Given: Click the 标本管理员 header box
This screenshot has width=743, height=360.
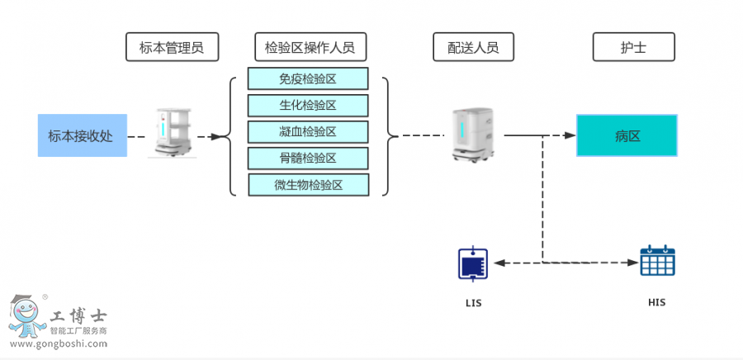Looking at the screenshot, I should [x=172, y=47].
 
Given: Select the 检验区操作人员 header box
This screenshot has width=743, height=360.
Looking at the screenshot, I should [x=310, y=47].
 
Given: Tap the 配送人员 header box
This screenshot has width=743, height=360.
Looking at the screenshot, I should [x=472, y=47].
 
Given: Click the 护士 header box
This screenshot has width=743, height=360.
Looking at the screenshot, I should [x=633, y=47].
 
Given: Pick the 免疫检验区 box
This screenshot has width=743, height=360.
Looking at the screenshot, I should [x=308, y=78].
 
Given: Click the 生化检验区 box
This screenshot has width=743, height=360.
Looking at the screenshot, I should [x=308, y=105].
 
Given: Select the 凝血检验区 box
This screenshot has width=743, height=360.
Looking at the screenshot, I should [x=308, y=131].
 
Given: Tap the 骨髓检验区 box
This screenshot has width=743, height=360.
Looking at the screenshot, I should [x=308, y=158].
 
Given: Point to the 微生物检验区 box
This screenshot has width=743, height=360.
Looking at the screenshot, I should [x=308, y=184].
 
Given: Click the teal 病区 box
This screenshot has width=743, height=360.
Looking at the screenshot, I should [x=627, y=135].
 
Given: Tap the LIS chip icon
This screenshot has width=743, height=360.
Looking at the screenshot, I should [x=473, y=263].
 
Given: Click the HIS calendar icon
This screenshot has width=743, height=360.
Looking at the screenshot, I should [x=657, y=261].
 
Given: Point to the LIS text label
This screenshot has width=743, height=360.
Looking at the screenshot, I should [x=473, y=303].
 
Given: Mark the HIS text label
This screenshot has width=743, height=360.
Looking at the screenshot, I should [x=656, y=302].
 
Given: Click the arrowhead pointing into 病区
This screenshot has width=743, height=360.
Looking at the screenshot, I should [x=570, y=135].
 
